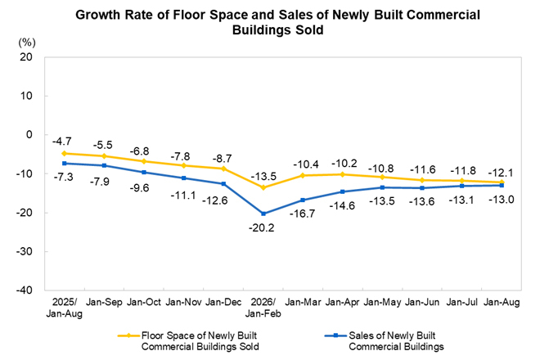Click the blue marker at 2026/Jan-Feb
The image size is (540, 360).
[x=263, y=214]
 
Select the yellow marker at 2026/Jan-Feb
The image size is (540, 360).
[x=263, y=187]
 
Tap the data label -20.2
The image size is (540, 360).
[x=262, y=227]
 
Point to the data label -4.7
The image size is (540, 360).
[x=62, y=142]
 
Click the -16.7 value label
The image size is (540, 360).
[x=302, y=214]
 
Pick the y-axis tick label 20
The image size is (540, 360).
[x=26, y=56]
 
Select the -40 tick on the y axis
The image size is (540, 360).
[x=24, y=290]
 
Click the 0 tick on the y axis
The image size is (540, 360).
[x=29, y=135]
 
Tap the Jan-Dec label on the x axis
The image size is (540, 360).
[x=223, y=302]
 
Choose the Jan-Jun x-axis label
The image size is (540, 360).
[x=422, y=302]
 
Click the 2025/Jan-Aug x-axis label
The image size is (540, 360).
[x=65, y=308]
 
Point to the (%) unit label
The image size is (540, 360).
[x=27, y=43]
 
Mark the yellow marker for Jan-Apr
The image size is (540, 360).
[x=342, y=174]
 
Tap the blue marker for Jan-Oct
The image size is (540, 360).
[x=144, y=173]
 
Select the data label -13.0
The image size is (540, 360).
[x=502, y=199]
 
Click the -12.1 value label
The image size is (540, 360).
[x=501, y=173]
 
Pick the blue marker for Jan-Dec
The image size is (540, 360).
[x=223, y=183]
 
